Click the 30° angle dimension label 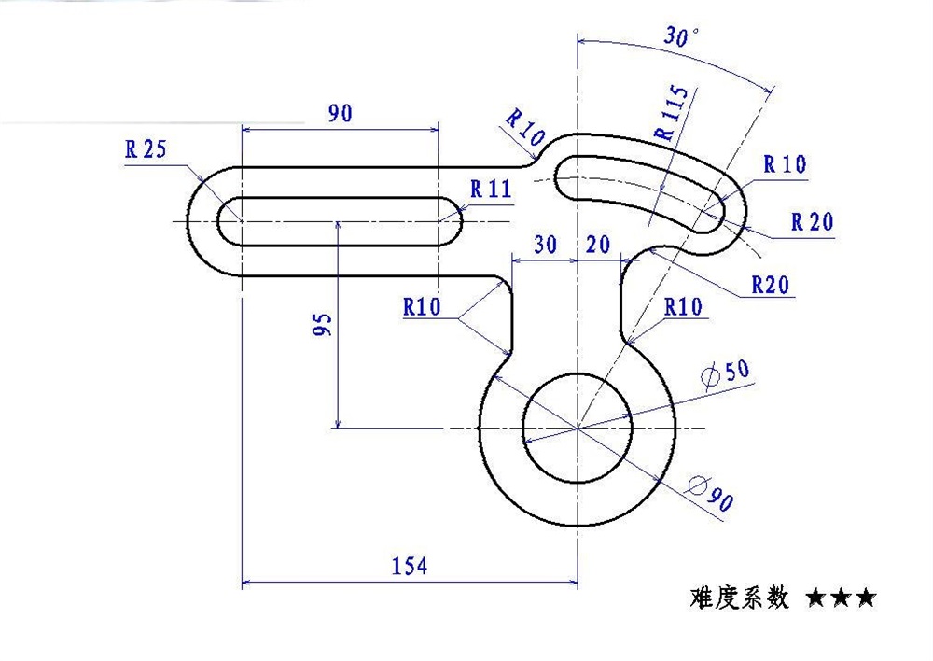pyautogui.click(x=682, y=37)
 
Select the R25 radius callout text pyautogui.click(x=145, y=149)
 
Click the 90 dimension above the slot pyautogui.click(x=340, y=114)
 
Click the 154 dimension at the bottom pyautogui.click(x=409, y=566)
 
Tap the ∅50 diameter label pyautogui.click(x=724, y=372)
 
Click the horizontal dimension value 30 pyautogui.click(x=546, y=245)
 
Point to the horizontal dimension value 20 pyautogui.click(x=599, y=245)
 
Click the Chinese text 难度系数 pyautogui.click(x=741, y=597)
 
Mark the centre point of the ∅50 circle pyautogui.click(x=578, y=428)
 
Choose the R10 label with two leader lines pyautogui.click(x=423, y=307)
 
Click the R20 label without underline pyautogui.click(x=812, y=222)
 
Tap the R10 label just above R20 pyautogui.click(x=785, y=164)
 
